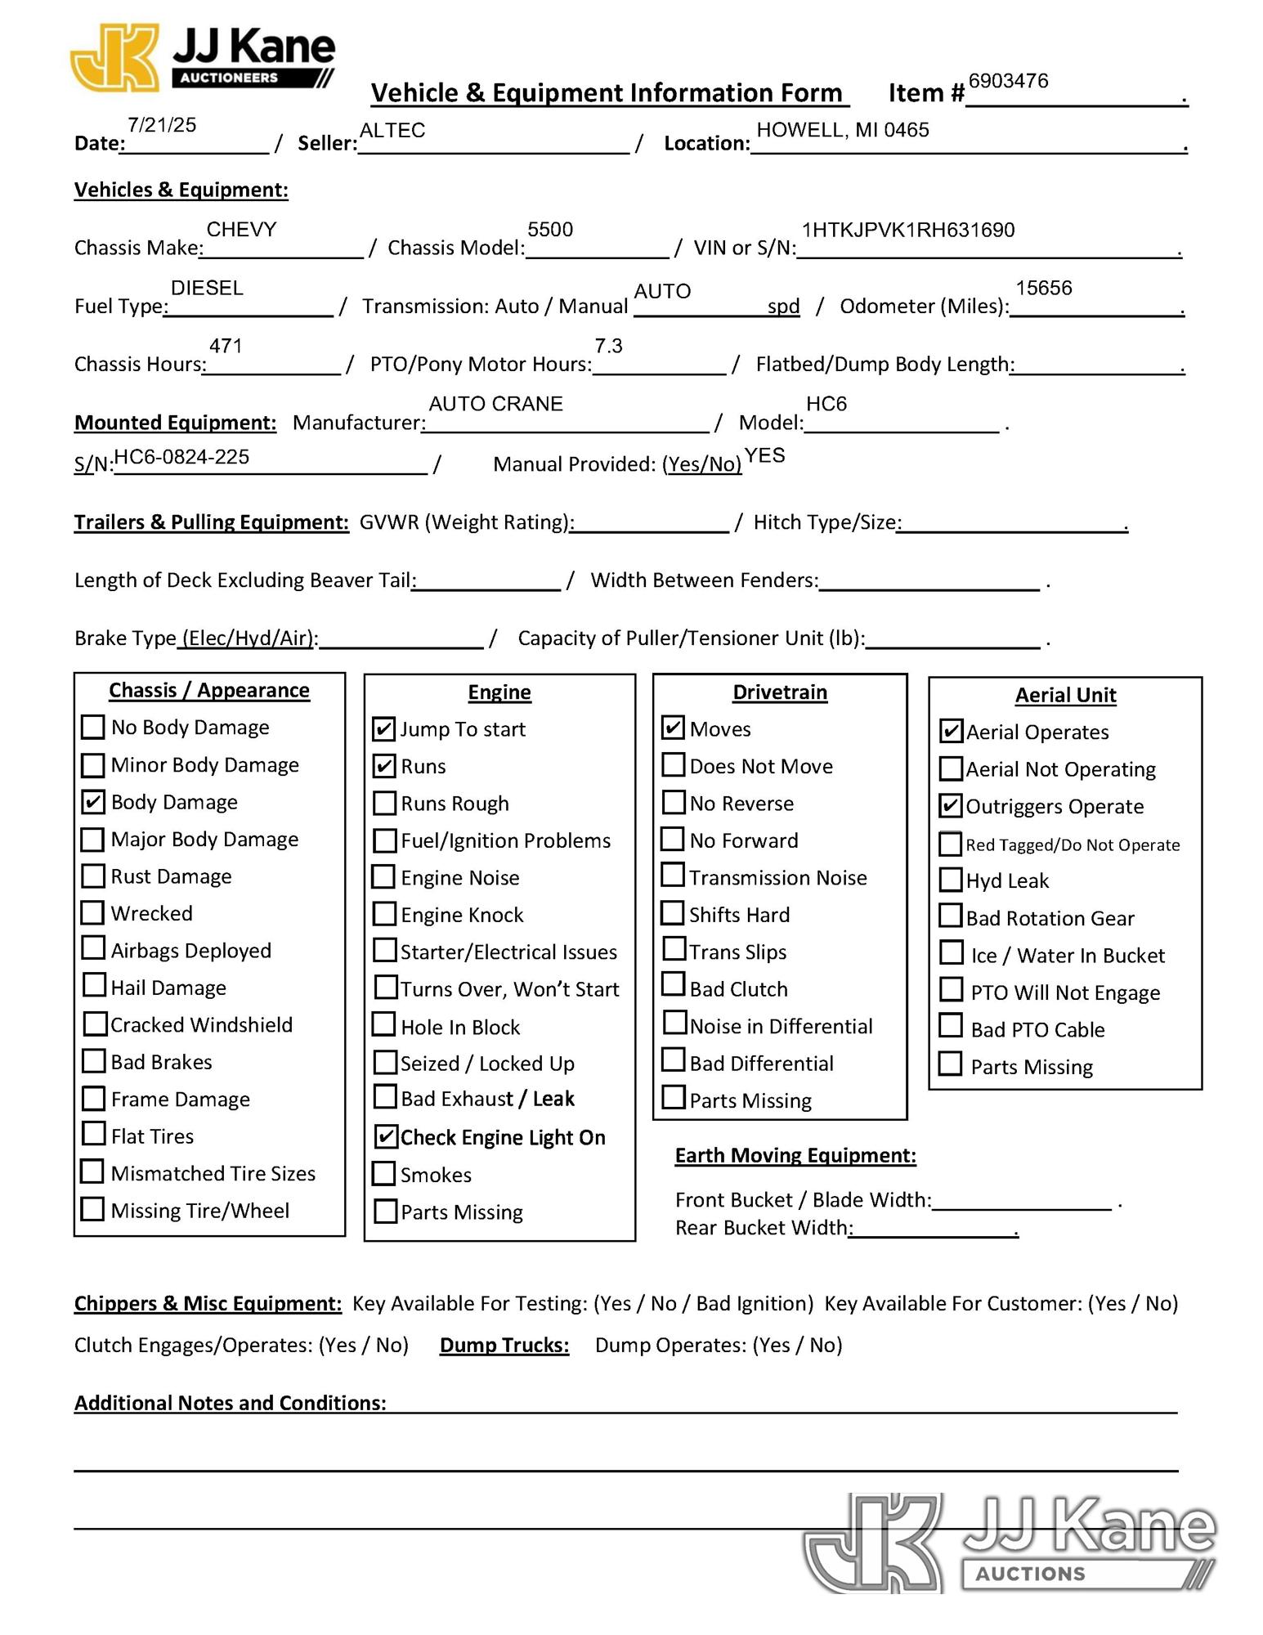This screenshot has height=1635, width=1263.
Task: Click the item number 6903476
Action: pos(1008,81)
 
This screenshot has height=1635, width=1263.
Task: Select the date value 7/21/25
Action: pos(162,125)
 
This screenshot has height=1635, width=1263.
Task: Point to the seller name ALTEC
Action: pos(392,131)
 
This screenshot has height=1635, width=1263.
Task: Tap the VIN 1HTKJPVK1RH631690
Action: pos(908,231)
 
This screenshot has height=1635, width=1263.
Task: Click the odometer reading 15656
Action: pos(1043,289)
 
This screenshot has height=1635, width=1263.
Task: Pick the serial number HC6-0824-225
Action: pos(181,457)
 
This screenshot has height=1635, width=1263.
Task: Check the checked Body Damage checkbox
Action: pos(93,802)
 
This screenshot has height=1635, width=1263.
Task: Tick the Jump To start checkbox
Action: pos(383,728)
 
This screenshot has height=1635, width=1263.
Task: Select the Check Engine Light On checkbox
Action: pos(385,1136)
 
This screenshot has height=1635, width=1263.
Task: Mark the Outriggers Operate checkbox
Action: pos(951,806)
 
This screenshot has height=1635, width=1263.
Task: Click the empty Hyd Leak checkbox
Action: pos(951,880)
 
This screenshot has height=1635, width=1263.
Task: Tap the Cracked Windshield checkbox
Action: pos(95,1024)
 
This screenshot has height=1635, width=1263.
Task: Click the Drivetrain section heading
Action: pos(779,692)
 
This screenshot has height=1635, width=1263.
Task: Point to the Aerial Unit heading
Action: pos(1065,695)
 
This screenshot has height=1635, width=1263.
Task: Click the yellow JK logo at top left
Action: pos(116,57)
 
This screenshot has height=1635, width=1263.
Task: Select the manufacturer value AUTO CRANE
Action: pos(495,404)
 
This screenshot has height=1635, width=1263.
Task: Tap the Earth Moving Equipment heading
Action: pos(795,1155)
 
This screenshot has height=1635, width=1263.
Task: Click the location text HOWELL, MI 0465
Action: pos(842,130)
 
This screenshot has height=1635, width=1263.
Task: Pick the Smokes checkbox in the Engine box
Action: pos(383,1174)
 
